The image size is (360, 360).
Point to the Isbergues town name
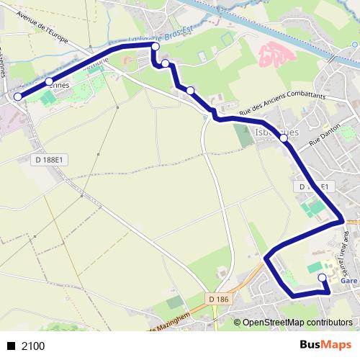277,131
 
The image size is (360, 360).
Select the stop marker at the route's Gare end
322,276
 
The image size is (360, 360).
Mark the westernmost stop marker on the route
17,96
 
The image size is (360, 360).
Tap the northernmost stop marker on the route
154,46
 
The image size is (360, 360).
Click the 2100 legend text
33,346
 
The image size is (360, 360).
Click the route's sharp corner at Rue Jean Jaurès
341,220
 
